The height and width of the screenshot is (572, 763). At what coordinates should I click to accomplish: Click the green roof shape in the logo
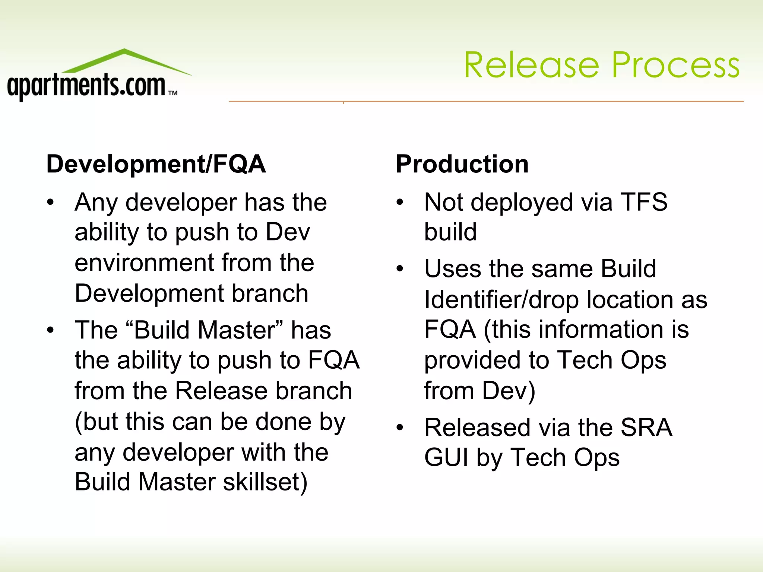coord(125,60)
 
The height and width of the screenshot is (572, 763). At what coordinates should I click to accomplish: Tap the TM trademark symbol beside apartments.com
coord(173,93)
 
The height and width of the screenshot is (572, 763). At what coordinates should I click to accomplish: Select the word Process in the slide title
coord(675,66)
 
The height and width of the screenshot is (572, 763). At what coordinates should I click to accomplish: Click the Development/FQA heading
coord(156,164)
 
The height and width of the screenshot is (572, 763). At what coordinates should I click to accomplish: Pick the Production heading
coord(462,164)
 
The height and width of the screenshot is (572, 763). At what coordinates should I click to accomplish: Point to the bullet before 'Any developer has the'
coord(51,203)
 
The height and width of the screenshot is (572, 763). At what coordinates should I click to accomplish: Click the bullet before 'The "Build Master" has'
coord(51,330)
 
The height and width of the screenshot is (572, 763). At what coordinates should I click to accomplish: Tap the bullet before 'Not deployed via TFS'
coord(400,203)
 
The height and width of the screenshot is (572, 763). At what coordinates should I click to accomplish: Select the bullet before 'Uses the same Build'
coord(400,268)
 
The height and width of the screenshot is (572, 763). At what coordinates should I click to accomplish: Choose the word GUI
coord(446,458)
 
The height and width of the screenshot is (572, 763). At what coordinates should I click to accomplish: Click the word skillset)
coord(265,482)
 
